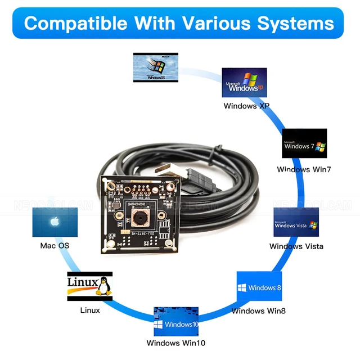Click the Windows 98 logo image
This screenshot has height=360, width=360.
[x=156, y=67]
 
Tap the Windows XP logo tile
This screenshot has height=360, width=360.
[x=244, y=83]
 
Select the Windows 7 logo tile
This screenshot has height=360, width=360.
[x=304, y=145]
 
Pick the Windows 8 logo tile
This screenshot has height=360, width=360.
[x=259, y=287]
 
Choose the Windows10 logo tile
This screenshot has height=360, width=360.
[x=176, y=321]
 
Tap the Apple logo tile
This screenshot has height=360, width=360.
[x=55, y=222]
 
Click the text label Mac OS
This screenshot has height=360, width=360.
[x=55, y=246]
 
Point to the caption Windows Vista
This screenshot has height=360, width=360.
[x=296, y=246]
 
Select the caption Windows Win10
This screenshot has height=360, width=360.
[x=176, y=343]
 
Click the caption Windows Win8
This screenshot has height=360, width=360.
[x=259, y=310]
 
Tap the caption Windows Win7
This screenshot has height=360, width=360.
[x=304, y=169]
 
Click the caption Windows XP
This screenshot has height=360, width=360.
[x=246, y=106]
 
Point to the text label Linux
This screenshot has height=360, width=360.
[x=90, y=310]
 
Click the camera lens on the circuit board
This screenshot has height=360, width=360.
[x=138, y=216]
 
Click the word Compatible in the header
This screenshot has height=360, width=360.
[x=76, y=23]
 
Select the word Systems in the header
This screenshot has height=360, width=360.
[x=295, y=23]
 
